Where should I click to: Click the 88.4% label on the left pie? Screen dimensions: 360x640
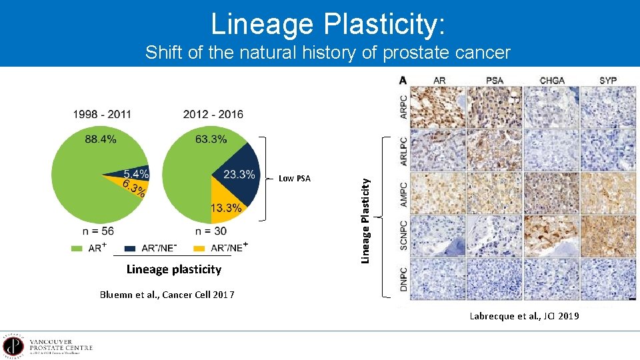point(101,139)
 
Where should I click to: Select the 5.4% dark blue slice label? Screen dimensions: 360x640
point(136,174)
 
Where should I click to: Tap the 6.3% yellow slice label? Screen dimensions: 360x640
point(134,190)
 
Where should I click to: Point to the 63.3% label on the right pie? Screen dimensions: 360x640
point(211,139)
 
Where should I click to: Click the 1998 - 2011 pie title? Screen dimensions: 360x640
point(102,114)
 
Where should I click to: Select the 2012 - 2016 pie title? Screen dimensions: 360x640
point(213,114)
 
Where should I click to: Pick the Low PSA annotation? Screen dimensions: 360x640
point(294,178)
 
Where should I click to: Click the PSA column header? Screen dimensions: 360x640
point(495,80)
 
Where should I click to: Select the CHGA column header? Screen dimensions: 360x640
point(552,80)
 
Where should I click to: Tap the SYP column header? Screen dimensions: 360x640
point(607,80)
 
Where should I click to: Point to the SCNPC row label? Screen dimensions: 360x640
point(403,235)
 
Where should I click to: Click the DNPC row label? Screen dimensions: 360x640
point(403,277)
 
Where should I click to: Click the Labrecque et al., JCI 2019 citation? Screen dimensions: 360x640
point(524,316)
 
